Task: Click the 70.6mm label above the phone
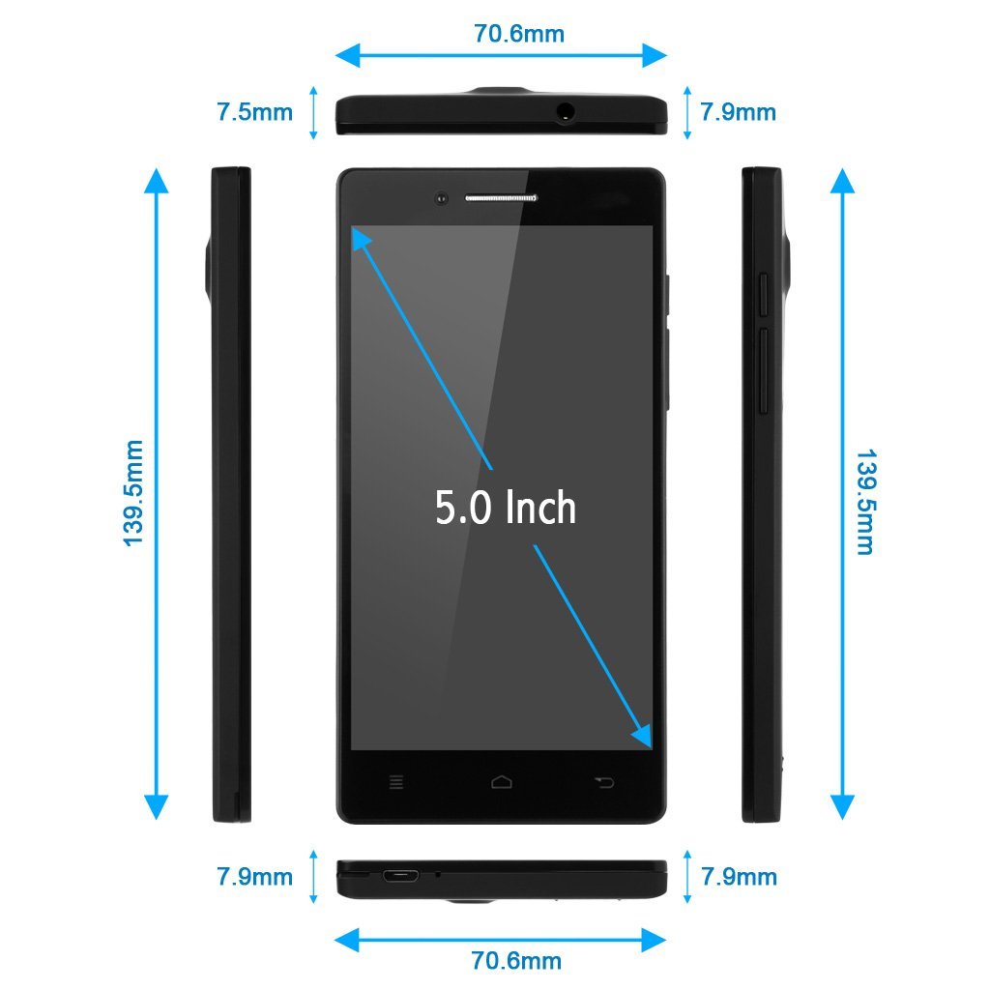coord(519,34)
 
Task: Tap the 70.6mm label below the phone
coord(516,960)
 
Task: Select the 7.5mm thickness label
coord(255,112)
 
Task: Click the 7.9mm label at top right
coord(738,112)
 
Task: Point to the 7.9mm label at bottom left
coord(255,876)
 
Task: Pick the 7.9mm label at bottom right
coord(739,876)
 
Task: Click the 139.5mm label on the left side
coord(133,493)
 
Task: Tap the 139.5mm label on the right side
coord(864,502)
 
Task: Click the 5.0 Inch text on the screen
coord(506,507)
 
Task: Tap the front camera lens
coord(441,199)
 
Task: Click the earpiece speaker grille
coord(501,198)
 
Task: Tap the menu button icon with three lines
coord(396,782)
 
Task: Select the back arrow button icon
coord(604,783)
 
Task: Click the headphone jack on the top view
coord(566,112)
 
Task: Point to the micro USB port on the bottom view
coord(400,876)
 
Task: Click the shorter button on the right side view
coord(763,295)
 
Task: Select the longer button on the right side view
coord(763,371)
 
